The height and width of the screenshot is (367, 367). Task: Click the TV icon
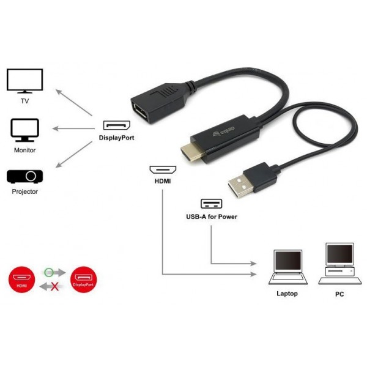coord(24,81)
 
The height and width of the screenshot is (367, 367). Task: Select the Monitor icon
coord(24,130)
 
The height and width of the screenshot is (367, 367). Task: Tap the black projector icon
coord(24,177)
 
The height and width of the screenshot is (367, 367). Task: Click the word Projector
coord(25,191)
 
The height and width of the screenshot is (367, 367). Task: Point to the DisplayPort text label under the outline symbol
coord(117,138)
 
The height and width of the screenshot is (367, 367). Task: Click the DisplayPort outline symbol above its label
coord(117,125)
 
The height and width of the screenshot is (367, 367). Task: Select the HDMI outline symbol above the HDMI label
coord(163,169)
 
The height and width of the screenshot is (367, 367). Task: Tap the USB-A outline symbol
coord(212,204)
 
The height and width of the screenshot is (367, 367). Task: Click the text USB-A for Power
coord(212,217)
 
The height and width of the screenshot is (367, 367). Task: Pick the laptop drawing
coord(288,267)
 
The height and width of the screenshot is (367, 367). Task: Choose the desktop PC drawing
coord(340,264)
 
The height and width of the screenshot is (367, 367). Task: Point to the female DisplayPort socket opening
coord(139,111)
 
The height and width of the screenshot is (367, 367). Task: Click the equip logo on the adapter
coord(223,132)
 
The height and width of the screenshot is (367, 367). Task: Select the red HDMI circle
coord(21,280)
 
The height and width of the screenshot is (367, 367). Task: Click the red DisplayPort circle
coord(83,280)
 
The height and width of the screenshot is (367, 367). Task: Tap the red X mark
coord(55,286)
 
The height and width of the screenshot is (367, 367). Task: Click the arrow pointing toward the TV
coord(74,103)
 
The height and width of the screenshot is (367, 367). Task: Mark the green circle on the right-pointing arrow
coord(49,272)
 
